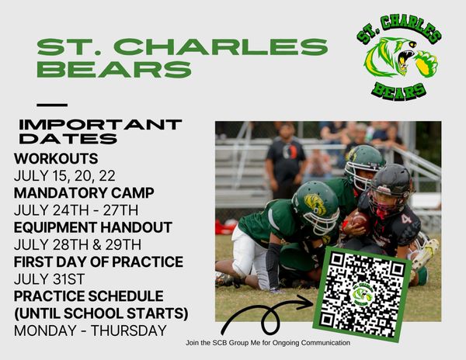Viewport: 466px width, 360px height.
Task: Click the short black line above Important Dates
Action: pos(52,105)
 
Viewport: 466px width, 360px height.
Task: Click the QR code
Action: pos(362,294)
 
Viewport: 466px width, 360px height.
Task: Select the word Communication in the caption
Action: pos(321,342)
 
